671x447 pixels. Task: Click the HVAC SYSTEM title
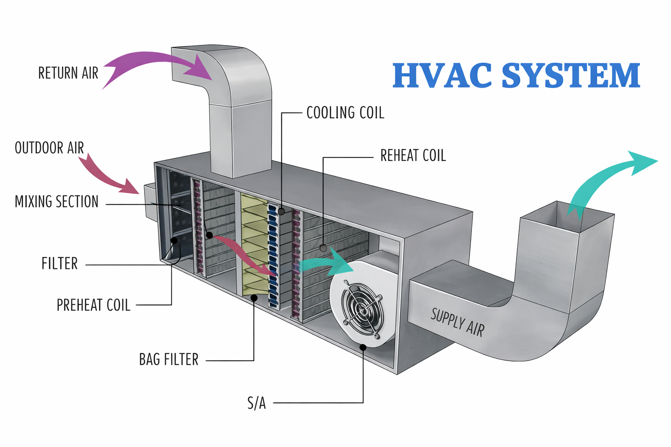point(516,76)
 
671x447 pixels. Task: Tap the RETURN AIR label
point(68,73)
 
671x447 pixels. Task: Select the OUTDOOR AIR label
point(49,148)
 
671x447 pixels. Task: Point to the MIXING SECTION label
point(57,202)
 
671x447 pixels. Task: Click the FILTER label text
point(59,264)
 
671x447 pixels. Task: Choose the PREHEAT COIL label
point(93,305)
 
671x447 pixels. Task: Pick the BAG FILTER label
point(169,360)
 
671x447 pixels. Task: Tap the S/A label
point(256,403)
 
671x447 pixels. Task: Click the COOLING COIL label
point(345,113)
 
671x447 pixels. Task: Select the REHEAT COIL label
point(413,156)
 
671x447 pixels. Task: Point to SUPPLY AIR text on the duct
point(457,322)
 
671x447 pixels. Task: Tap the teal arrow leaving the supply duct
point(612,179)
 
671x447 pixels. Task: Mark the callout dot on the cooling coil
point(282,211)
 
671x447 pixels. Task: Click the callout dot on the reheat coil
point(323,248)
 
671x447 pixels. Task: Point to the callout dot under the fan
point(363,347)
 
